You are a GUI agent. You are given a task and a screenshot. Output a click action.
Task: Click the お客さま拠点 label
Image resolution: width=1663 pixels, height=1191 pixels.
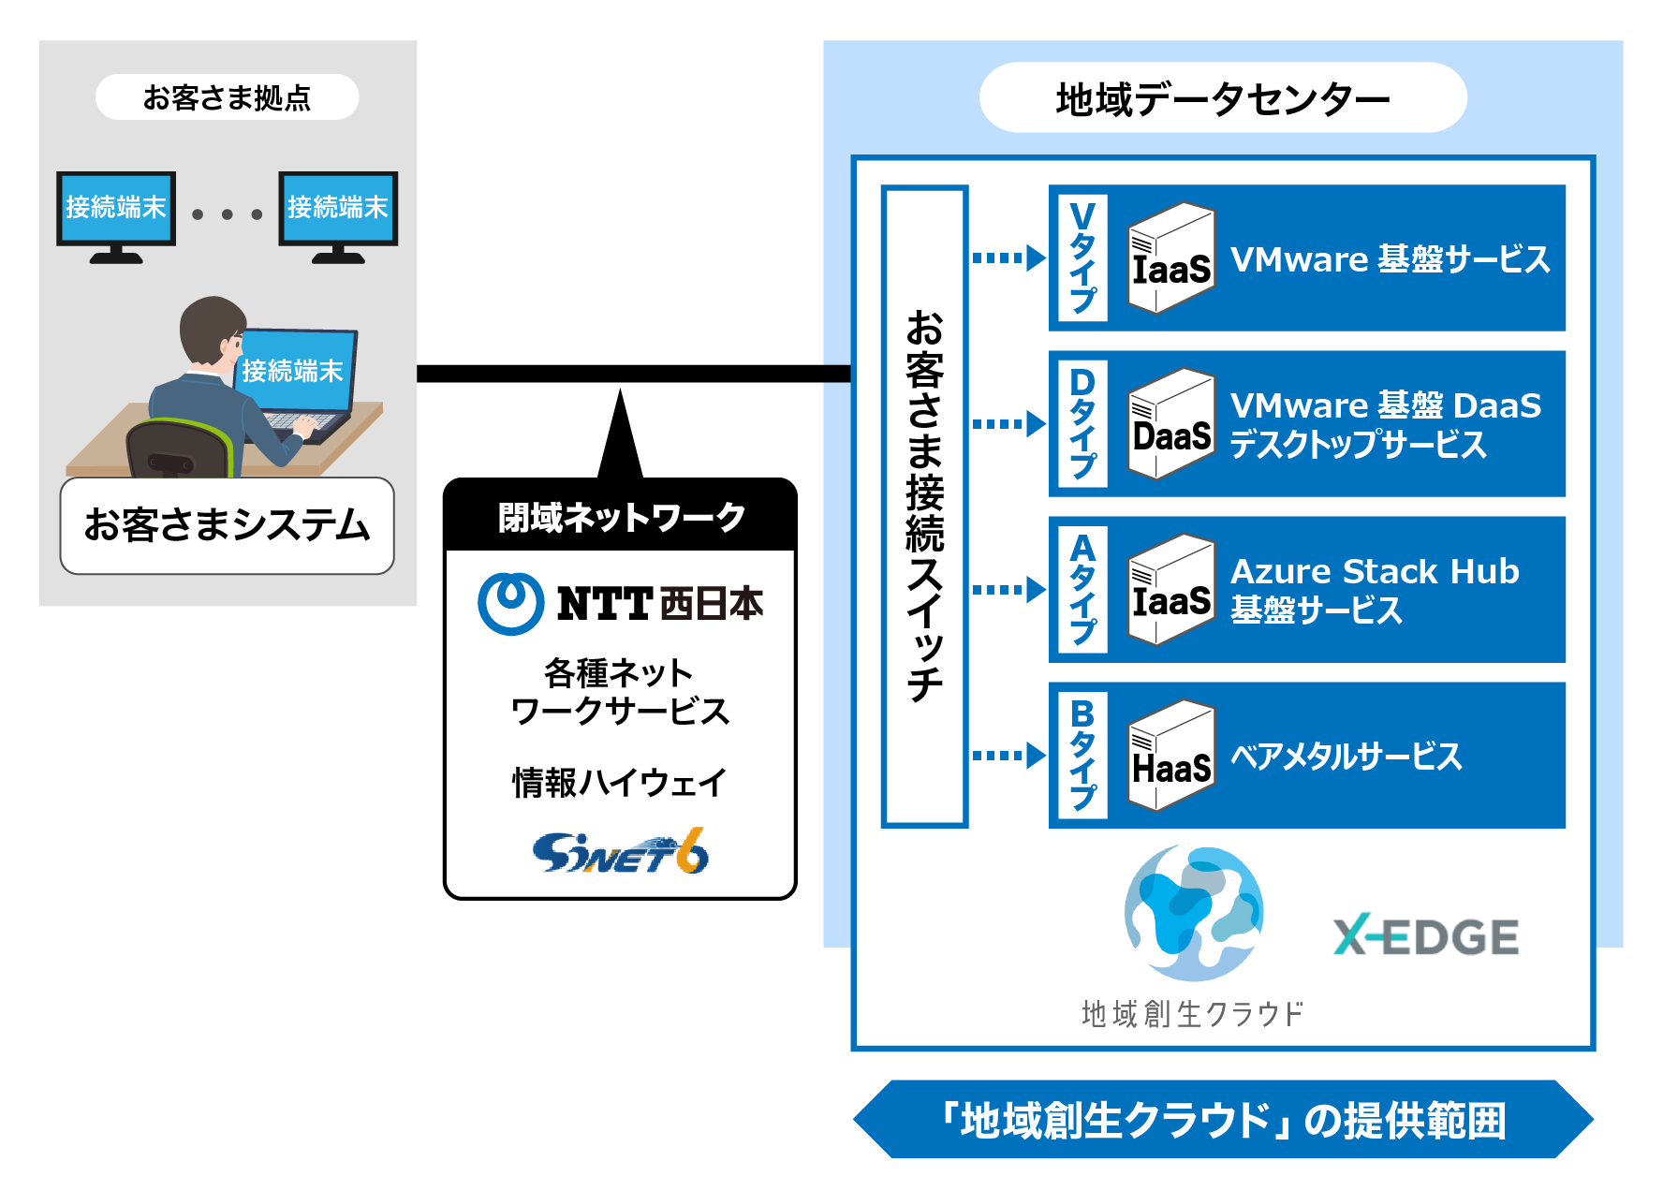(x=227, y=97)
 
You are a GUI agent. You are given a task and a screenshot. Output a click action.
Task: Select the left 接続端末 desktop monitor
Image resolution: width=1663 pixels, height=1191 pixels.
(x=116, y=216)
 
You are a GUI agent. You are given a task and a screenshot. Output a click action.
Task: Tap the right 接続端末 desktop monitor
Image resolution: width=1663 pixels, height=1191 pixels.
(x=338, y=216)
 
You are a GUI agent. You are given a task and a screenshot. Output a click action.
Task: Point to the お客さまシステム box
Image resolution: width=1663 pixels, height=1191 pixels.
(x=227, y=525)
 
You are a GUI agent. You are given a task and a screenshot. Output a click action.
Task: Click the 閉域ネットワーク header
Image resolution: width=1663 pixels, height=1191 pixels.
(x=620, y=516)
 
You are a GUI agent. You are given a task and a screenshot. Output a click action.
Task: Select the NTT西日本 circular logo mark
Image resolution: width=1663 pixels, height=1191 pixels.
(x=510, y=604)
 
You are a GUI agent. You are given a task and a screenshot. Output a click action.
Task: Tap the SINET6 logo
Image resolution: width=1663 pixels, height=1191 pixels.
(x=621, y=851)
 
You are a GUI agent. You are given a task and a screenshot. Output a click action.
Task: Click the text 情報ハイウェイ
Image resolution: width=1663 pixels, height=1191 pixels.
(x=619, y=782)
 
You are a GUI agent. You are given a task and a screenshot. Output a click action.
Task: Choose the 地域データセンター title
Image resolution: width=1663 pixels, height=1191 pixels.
(x=1223, y=98)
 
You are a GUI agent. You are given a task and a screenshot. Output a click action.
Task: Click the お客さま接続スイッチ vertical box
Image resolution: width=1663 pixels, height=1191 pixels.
(x=924, y=507)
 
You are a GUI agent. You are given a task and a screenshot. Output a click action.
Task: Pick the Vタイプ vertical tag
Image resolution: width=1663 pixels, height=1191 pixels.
(x=1082, y=257)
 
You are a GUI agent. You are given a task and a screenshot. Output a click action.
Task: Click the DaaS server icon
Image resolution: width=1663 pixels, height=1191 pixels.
(x=1171, y=424)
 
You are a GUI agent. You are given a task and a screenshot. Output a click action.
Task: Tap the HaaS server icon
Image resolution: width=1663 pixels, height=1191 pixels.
(x=1171, y=756)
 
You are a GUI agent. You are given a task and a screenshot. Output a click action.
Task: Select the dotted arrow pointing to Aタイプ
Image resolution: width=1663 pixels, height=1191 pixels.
(x=1009, y=590)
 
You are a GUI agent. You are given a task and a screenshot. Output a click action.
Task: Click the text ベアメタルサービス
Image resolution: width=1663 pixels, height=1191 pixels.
(x=1346, y=756)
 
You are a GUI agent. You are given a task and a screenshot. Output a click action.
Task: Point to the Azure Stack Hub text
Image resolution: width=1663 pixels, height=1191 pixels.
(x=1375, y=571)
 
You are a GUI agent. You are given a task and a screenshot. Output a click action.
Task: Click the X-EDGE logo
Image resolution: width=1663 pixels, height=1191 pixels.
(x=1426, y=935)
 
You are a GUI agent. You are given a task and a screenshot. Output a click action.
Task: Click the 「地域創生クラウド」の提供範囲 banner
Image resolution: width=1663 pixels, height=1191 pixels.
(x=1223, y=1120)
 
